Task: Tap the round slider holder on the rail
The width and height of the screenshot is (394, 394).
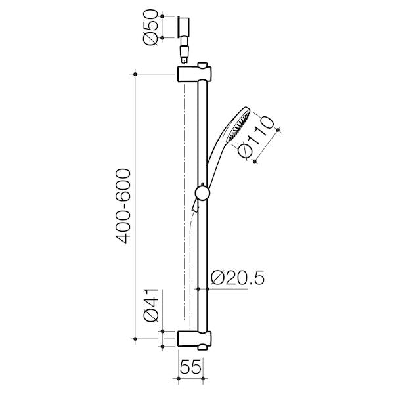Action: [x=204, y=192]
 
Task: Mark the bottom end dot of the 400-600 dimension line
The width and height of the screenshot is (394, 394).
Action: [x=136, y=339]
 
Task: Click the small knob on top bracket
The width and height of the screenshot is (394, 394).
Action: [x=206, y=66]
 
